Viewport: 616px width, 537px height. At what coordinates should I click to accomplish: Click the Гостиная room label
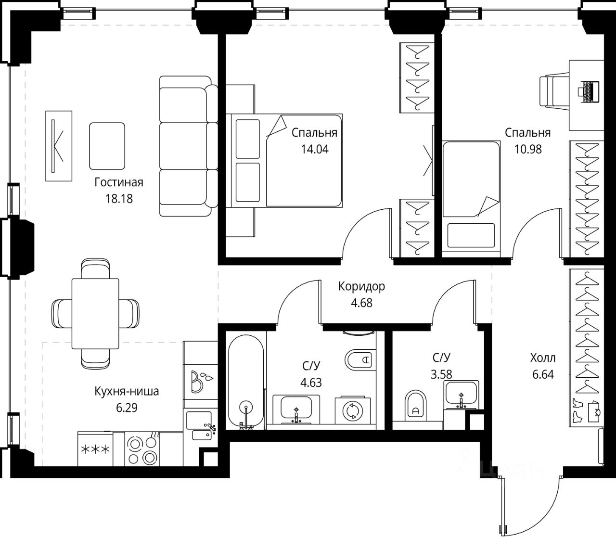click(x=118, y=182)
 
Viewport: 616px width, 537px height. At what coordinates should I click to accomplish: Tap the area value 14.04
click(x=315, y=149)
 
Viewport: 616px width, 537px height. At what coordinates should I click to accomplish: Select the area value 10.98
click(x=528, y=149)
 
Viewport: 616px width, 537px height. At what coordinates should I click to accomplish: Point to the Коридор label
click(x=361, y=286)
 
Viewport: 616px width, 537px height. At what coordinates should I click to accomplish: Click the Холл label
click(x=543, y=358)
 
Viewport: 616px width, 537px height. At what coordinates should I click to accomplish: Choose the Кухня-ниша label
click(x=127, y=391)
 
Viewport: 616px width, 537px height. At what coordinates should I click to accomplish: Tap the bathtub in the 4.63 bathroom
click(x=246, y=382)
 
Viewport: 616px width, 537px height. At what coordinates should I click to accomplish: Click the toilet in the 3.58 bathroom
click(x=416, y=406)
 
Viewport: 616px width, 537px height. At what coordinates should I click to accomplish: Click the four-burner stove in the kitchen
click(x=142, y=449)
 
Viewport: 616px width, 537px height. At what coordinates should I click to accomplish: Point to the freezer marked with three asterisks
click(x=95, y=449)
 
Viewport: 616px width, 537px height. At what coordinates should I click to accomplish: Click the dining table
click(x=95, y=313)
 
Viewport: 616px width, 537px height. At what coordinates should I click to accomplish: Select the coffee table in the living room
click(x=107, y=146)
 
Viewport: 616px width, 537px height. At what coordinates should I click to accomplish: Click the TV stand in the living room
click(x=59, y=146)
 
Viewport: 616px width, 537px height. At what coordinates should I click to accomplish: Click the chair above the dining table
click(x=95, y=268)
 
